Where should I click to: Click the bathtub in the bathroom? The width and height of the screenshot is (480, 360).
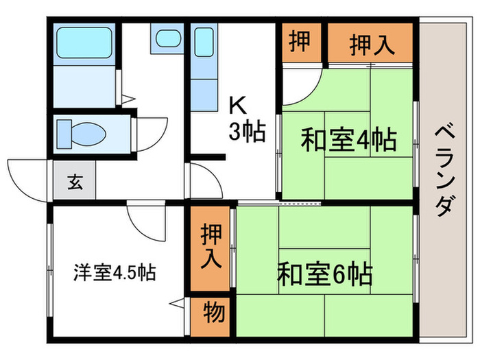click(x=84, y=43)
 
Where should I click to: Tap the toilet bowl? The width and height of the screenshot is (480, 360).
click(x=88, y=134)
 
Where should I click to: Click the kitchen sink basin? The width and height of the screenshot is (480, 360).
click(x=204, y=43)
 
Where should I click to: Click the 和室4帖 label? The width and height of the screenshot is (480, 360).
click(x=348, y=140)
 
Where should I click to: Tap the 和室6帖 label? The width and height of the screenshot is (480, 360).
click(x=325, y=274)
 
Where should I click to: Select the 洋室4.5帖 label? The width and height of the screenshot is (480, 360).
click(x=115, y=272)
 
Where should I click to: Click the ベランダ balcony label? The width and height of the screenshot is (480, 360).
click(x=444, y=170)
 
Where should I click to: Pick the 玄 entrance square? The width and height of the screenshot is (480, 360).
click(x=74, y=180)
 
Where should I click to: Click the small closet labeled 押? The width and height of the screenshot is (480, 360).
click(x=302, y=43)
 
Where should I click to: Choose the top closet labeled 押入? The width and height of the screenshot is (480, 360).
click(x=371, y=43)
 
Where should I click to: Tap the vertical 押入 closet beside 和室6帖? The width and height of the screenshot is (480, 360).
click(x=211, y=248)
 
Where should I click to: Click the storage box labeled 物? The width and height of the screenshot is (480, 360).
click(x=211, y=317)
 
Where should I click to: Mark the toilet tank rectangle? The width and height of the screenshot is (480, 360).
click(x=64, y=134)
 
